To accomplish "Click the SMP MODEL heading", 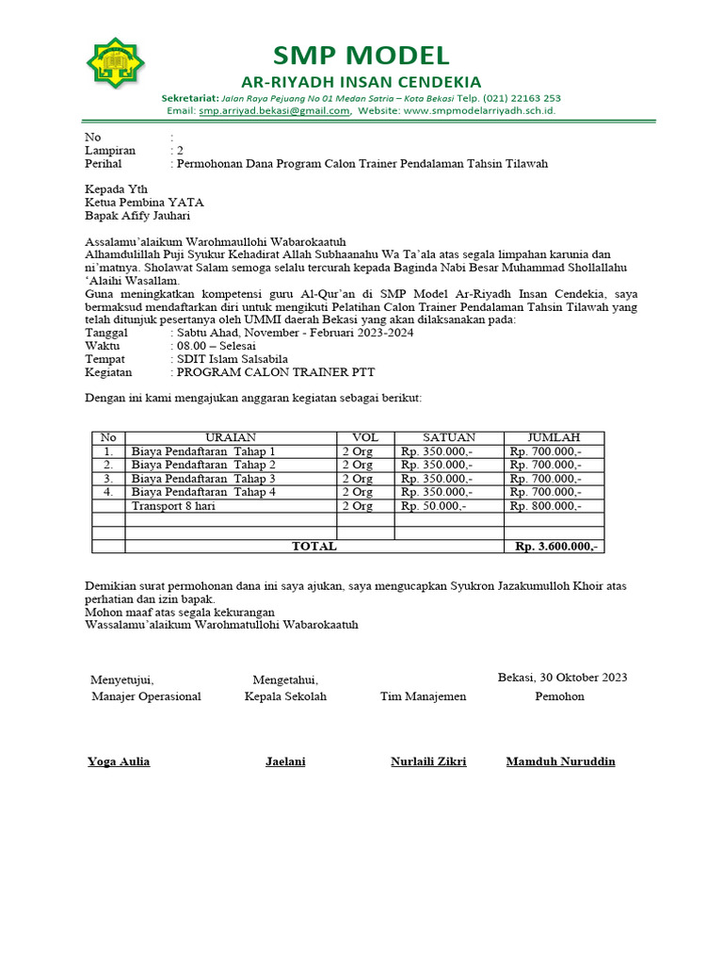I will pos(361,55).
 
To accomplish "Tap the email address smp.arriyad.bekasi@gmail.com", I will pos(274,111).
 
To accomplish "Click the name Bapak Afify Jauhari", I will pos(137,215).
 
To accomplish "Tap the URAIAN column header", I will pos(231,437).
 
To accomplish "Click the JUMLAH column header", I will pos(554,437).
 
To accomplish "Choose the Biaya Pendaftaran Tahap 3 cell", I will pos(203,479).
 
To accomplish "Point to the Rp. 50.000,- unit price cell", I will pos(433,506).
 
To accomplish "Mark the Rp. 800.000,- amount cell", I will pos(545,506).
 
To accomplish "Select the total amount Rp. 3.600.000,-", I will pos(556,547).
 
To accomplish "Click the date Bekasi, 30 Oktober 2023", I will pos(562,678).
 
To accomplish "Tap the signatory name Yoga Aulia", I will pos(119,761).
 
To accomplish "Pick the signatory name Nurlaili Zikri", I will pos(428,761).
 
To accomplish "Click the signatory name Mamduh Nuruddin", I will pos(560,761).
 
